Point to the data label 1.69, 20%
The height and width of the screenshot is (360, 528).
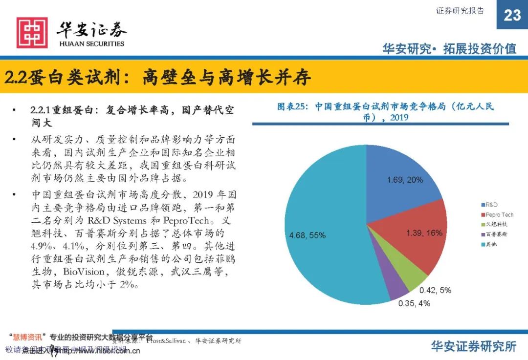(405, 180)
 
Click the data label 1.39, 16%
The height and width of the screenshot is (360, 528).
(424, 233)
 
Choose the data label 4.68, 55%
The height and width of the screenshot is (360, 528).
(307, 235)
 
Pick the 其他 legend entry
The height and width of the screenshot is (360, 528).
(491, 244)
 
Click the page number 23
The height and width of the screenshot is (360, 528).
(512, 15)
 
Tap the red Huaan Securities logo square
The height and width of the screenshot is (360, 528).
(32, 32)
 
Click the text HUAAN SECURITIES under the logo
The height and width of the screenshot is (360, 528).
(91, 43)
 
